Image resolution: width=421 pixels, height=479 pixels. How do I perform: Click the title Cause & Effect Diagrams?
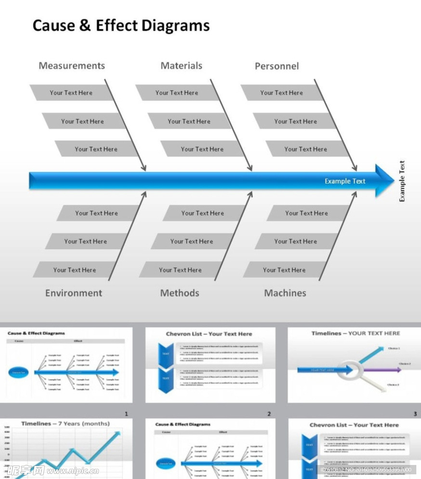(x=121, y=26)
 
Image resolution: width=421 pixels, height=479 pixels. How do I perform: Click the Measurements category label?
(x=71, y=66)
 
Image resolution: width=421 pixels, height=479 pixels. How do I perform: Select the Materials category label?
(x=181, y=66)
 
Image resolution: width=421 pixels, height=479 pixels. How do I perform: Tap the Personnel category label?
(x=277, y=66)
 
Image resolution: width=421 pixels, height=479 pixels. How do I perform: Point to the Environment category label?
(x=73, y=293)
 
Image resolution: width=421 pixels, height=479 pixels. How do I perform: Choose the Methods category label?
(x=179, y=293)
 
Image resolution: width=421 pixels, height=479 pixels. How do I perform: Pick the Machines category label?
(x=285, y=293)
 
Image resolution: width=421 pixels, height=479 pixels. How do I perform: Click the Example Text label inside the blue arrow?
(x=345, y=181)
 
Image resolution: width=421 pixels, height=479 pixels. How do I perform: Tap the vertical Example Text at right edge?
(x=402, y=181)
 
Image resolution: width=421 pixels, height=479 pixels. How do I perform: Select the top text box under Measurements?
(x=71, y=93)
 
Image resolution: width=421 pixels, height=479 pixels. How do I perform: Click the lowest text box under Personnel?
(x=306, y=149)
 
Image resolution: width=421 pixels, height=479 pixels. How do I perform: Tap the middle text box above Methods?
(x=191, y=241)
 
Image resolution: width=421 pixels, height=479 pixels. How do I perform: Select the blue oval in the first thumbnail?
(x=20, y=372)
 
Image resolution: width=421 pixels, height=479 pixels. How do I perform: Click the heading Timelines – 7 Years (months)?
(x=65, y=424)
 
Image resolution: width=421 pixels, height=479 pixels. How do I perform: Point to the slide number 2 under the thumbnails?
(x=269, y=414)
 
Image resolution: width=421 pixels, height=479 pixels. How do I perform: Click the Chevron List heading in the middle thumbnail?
(x=209, y=334)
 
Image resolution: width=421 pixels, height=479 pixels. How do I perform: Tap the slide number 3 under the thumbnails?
(x=415, y=414)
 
